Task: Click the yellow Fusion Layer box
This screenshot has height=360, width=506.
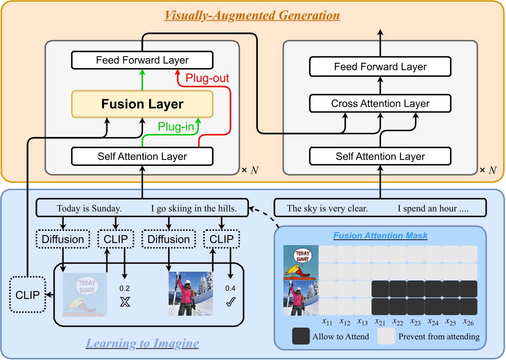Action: pos(142,104)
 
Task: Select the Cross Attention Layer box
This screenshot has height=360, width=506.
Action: pos(380,104)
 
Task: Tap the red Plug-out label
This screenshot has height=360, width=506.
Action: pos(207,78)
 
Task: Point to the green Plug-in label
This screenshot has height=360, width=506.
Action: pos(176,127)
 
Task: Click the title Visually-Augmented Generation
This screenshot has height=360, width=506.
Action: pos(252,15)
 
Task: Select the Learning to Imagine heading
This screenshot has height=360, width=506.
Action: pos(142,343)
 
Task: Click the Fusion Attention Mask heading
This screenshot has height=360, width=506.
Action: pos(380,236)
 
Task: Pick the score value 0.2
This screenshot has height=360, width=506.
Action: pos(124,288)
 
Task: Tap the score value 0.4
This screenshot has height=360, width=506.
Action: pos(230,288)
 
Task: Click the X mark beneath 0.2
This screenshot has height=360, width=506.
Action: pos(125,302)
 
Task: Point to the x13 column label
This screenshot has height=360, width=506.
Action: pos(362,322)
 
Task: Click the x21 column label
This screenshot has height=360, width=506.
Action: pos(380,322)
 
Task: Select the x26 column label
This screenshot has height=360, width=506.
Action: pos(468,322)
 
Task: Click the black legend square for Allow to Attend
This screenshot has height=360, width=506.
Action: pos(301,336)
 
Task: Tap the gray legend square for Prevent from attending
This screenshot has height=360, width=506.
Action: pos(386,336)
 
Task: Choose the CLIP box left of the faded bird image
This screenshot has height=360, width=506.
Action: pos(27,295)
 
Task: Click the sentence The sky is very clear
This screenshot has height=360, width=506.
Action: pos(327,209)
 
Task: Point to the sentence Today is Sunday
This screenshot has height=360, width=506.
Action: pos(89,209)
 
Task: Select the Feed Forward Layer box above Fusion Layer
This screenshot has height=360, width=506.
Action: pos(142,60)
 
